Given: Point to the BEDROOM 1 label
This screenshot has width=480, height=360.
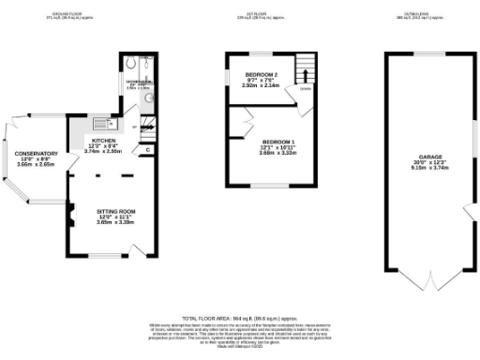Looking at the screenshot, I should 278,141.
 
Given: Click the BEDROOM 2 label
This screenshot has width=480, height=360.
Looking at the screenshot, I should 262,73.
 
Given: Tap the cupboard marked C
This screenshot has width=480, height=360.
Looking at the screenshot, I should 148,150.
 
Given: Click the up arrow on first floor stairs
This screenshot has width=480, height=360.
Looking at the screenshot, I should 303,69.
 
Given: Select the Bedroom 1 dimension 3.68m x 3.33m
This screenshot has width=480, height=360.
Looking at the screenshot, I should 278,152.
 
